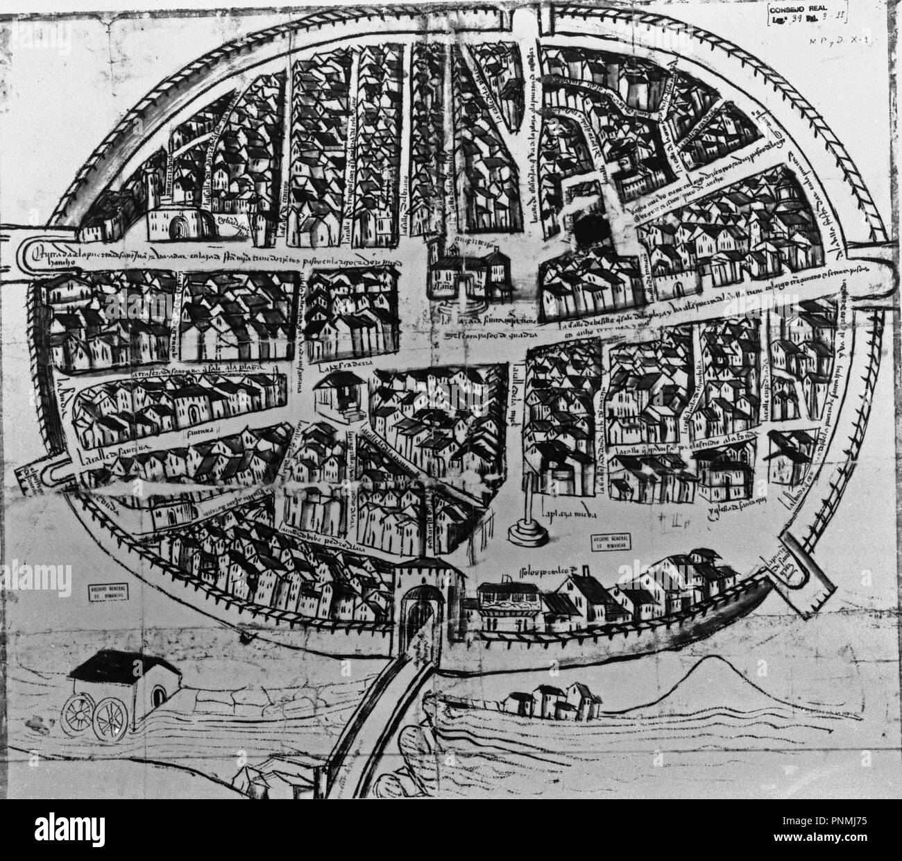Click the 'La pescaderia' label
pos(348,365)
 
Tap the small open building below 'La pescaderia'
pos(338,394)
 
